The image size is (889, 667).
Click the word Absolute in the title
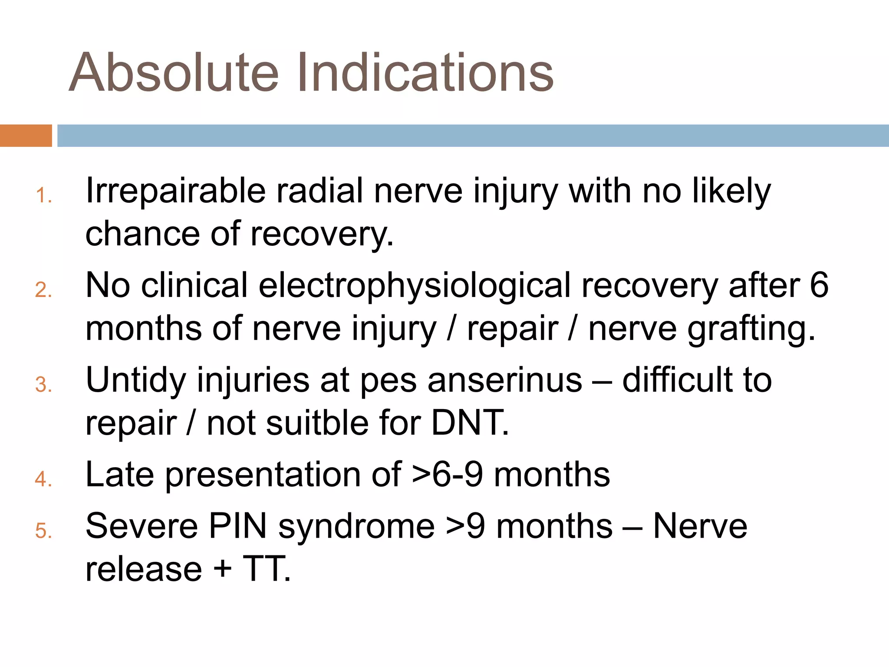pyautogui.click(x=174, y=73)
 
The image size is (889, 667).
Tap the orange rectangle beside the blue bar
pyautogui.click(x=26, y=135)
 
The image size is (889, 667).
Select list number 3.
pyautogui.click(x=43, y=385)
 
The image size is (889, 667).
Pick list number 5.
pyautogui.click(x=43, y=531)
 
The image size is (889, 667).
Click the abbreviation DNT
pyautogui.click(x=469, y=423)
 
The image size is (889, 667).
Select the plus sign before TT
pyautogui.click(x=223, y=569)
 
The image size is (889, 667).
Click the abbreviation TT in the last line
pyautogui.click(x=266, y=569)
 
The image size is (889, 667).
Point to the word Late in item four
pyautogui.click(x=120, y=475)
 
